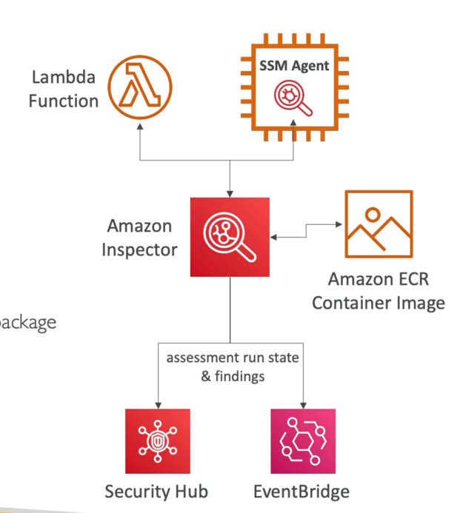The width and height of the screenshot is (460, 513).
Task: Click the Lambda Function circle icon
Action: point(139,88)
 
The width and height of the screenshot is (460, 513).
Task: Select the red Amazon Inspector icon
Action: point(230,237)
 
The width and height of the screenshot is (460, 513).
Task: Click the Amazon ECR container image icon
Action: point(379,223)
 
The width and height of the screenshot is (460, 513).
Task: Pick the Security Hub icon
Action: point(157,440)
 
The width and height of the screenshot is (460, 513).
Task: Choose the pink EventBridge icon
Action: point(302,440)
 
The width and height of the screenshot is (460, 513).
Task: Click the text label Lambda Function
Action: point(64,88)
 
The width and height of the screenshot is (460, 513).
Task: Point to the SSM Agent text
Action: point(294,65)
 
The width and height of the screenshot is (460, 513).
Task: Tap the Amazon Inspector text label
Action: point(140,237)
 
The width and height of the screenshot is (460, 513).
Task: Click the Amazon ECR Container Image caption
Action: point(379,291)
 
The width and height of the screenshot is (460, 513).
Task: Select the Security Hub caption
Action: point(157,492)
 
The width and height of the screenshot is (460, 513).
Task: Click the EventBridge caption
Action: point(301,492)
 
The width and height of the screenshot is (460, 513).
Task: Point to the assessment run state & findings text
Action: point(233,367)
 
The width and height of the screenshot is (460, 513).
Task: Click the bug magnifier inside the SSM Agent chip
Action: point(293,99)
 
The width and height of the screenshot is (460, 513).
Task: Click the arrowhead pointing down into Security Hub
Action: point(157,403)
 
